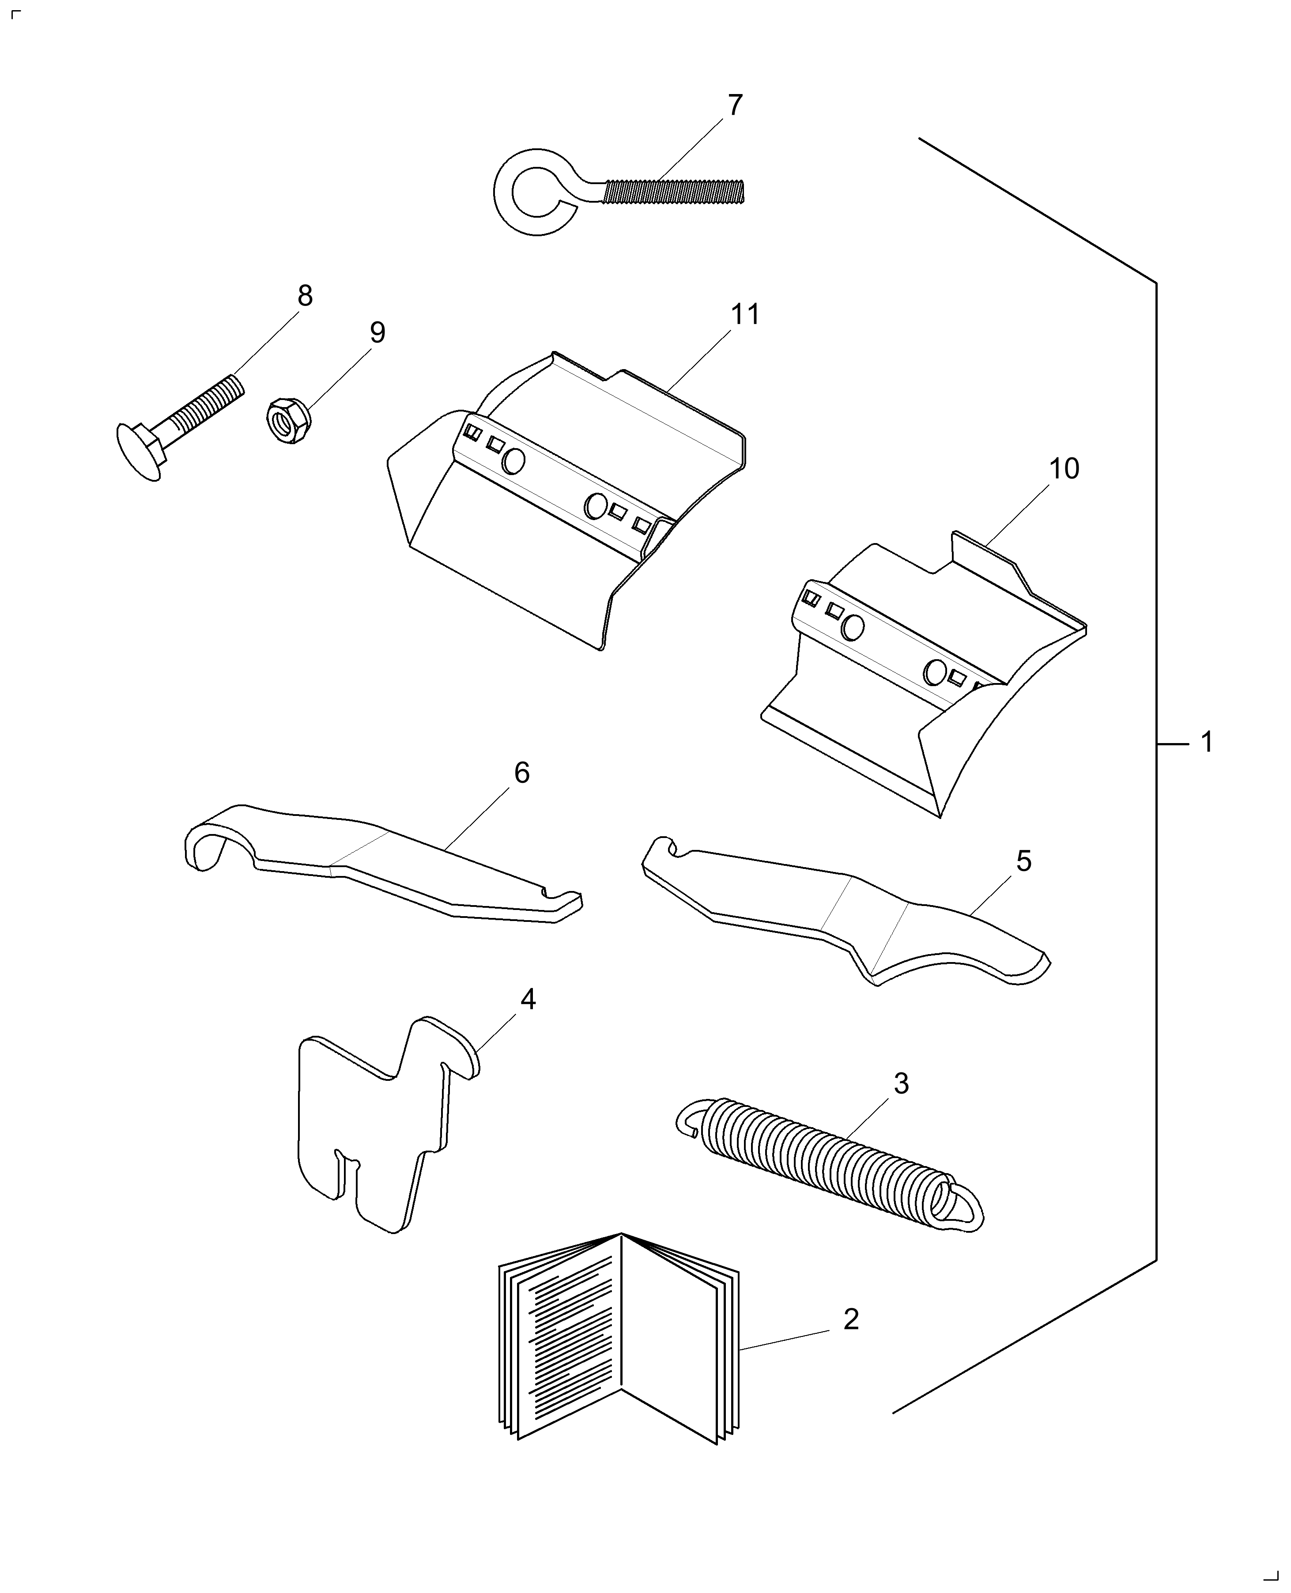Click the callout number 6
click(521, 774)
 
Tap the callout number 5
click(1024, 861)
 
